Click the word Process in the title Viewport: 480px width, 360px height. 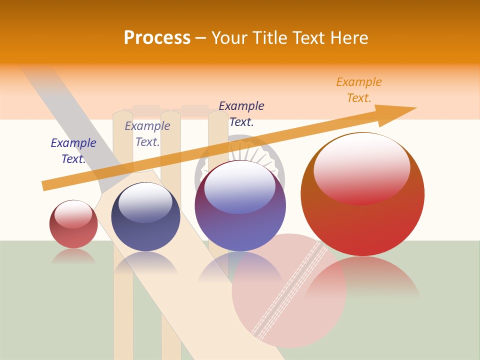[157, 38]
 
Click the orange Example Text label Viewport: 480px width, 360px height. [358, 90]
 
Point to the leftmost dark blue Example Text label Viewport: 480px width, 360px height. [73, 151]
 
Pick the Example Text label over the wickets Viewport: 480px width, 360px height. [147, 134]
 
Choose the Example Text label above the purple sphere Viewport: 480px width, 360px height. [241, 114]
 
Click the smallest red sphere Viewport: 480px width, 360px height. [73, 224]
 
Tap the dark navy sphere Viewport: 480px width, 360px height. [145, 217]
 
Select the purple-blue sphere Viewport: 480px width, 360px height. [240, 206]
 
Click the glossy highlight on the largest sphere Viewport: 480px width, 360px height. [361, 167]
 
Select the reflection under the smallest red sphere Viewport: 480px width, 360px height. [73, 256]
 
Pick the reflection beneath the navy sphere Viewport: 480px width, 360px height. [145, 262]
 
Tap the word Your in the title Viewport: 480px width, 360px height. [229, 38]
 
